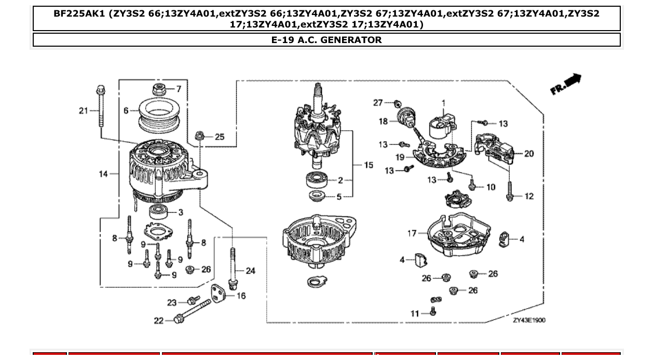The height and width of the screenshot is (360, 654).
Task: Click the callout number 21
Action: click(x=84, y=110)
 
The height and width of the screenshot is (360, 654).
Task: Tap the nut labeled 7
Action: click(x=159, y=89)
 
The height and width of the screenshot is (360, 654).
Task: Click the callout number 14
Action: click(x=104, y=174)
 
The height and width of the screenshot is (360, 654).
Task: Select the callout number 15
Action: click(x=368, y=165)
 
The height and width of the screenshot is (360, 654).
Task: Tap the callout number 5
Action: click(x=339, y=197)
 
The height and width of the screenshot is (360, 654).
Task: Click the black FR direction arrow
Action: click(x=571, y=81)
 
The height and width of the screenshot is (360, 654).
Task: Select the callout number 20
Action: click(x=529, y=154)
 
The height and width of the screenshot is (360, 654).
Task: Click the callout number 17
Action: click(x=412, y=233)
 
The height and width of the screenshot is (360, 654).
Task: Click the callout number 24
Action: click(x=251, y=271)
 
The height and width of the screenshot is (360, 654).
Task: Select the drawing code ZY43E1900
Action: click(x=529, y=320)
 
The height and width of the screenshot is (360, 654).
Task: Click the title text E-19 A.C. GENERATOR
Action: click(x=326, y=40)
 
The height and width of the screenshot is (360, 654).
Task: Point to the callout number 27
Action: click(x=377, y=103)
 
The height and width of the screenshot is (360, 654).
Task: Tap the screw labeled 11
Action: click(x=433, y=311)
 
